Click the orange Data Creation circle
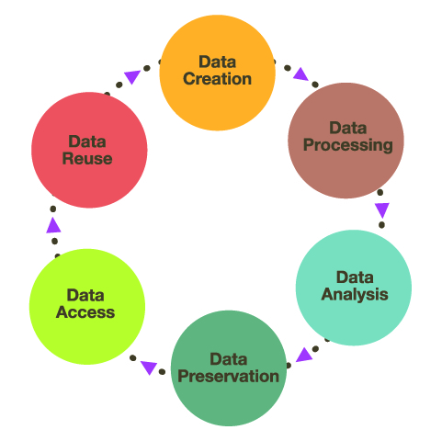[x=217, y=73]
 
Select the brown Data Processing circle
[x=346, y=141]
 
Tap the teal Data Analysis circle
[x=354, y=288]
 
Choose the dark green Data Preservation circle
[x=229, y=368]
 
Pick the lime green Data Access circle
[x=87, y=307]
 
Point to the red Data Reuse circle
[x=89, y=150]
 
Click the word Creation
[x=217, y=79]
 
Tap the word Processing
[x=348, y=145]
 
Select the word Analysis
[x=355, y=295]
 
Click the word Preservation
[x=229, y=376]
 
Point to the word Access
[x=85, y=312]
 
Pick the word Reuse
[x=87, y=159]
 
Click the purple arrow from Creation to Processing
[x=300, y=74]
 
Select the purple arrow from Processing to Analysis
[x=382, y=209]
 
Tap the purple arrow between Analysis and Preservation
[x=304, y=356]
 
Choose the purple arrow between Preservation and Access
[x=149, y=367]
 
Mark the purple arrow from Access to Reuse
[x=53, y=226]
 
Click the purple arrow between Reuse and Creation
[x=132, y=76]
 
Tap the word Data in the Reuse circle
[x=87, y=141]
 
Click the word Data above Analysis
[x=355, y=277]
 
